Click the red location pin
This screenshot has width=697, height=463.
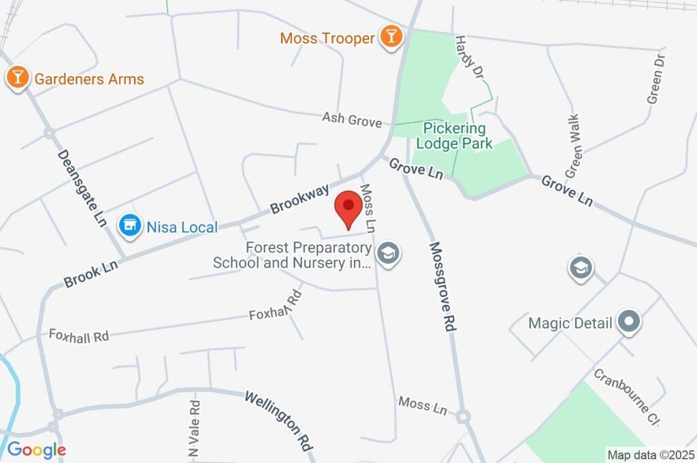[x=349, y=207]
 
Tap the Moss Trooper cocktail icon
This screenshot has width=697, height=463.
[x=391, y=37]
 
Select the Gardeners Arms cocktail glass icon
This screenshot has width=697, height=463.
[x=17, y=78]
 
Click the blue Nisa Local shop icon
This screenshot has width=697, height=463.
[x=129, y=226]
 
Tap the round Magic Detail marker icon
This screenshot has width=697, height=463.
[x=628, y=322]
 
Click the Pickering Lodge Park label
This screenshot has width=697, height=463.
[x=455, y=135]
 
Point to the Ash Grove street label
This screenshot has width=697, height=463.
[x=352, y=120]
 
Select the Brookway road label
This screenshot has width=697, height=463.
[x=299, y=198]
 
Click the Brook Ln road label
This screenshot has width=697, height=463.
[x=91, y=272]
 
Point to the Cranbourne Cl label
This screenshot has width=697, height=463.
[x=626, y=397]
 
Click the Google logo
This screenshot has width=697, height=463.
[x=37, y=449]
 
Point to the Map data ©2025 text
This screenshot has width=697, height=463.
[x=651, y=454]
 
